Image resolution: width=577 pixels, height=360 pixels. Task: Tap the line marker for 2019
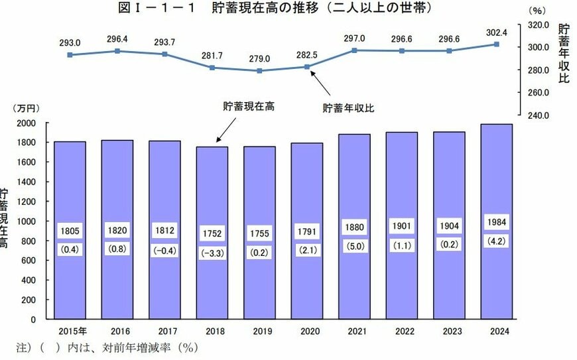tap(259, 71)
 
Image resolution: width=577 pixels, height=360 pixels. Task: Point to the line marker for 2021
tap(354, 50)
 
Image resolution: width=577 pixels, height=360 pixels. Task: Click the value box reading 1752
tap(212, 234)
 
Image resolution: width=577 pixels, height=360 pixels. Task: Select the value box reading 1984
tap(496, 221)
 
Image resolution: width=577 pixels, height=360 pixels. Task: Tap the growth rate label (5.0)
tap(354, 246)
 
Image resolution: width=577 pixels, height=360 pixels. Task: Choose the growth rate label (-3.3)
tap(212, 253)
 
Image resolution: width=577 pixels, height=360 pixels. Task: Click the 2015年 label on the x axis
tap(70, 331)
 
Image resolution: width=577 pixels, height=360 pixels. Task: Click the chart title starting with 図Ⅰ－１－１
tap(275, 8)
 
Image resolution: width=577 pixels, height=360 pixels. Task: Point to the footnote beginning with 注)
tap(106, 347)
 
